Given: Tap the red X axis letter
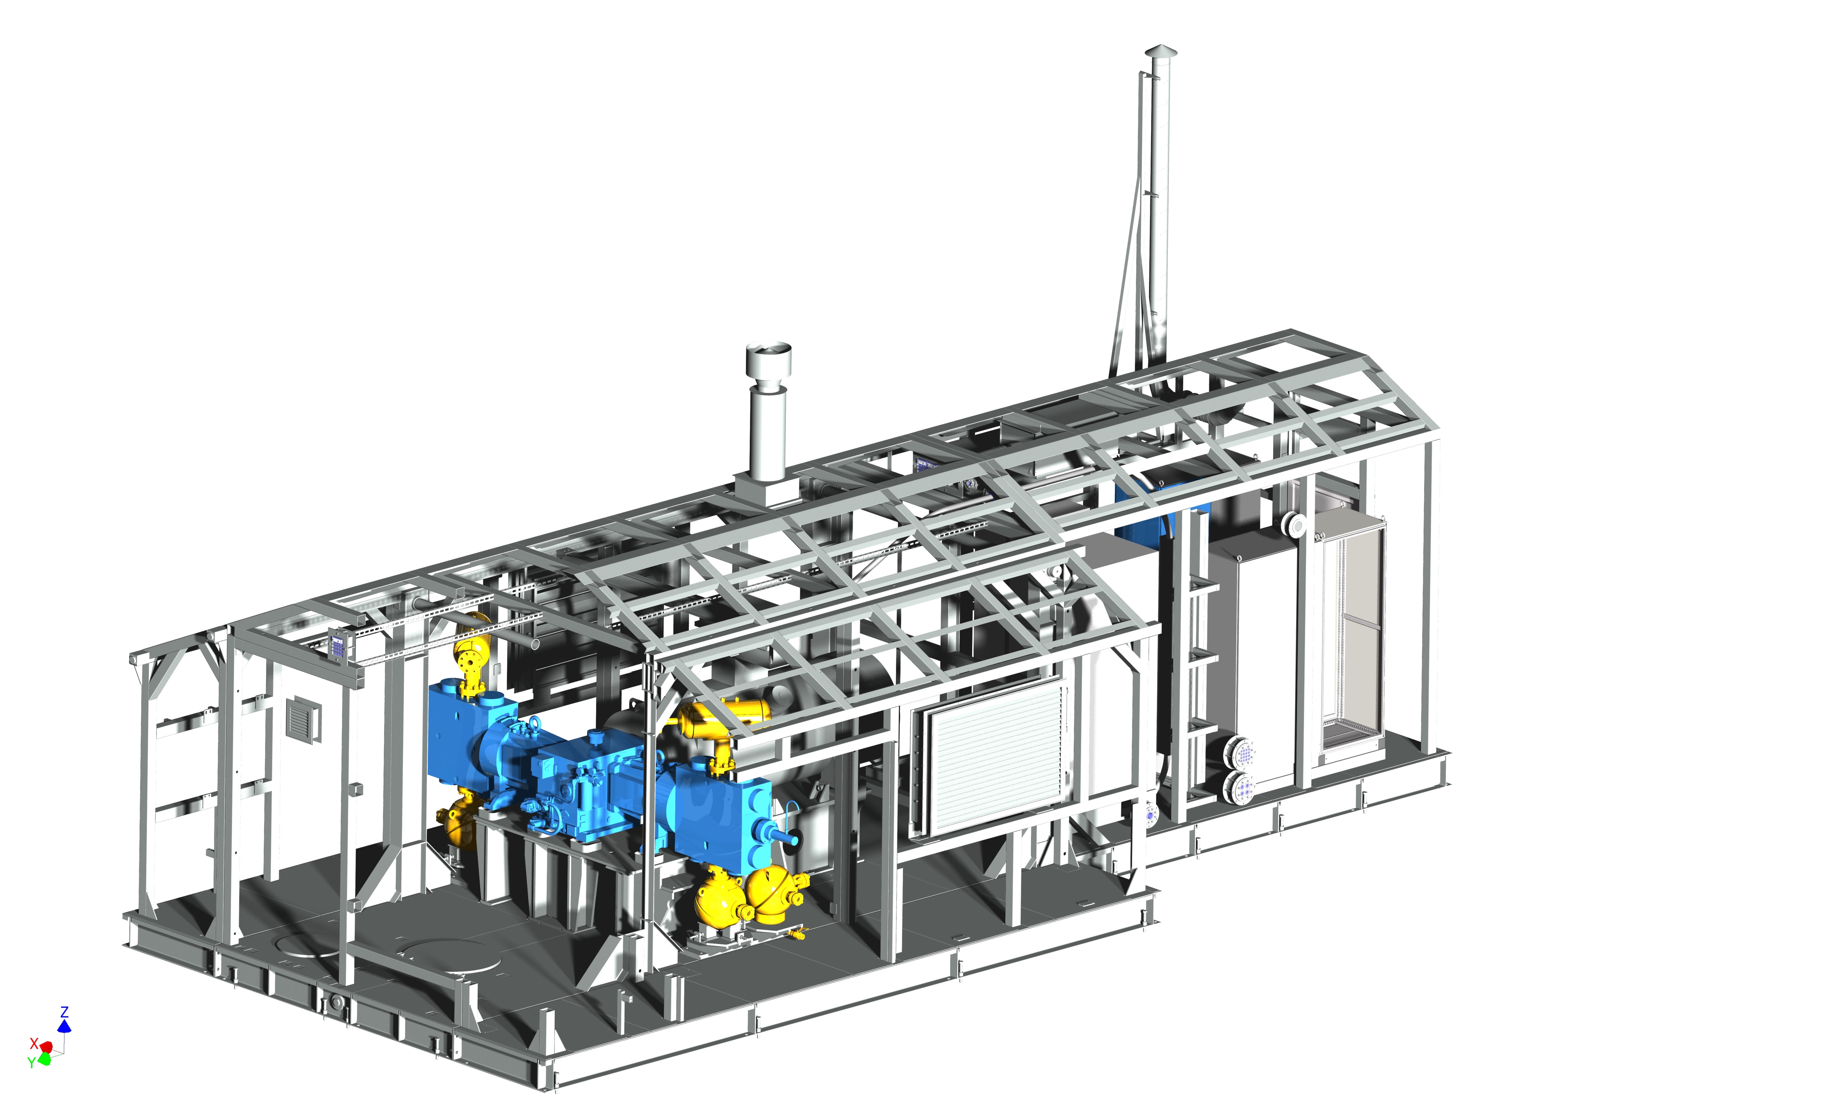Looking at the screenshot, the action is [33, 1043].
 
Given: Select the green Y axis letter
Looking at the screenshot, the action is [31, 1063].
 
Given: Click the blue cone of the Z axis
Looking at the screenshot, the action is [64, 1025].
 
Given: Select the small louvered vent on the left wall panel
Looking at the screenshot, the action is [303, 718].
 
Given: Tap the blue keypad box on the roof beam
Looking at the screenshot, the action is [337, 646].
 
